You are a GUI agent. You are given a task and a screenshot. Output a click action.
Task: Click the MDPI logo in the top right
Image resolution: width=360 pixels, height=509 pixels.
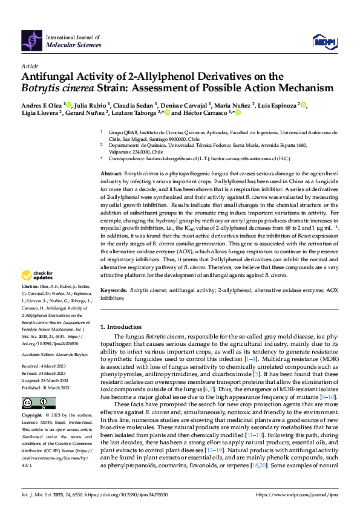pos(324,41)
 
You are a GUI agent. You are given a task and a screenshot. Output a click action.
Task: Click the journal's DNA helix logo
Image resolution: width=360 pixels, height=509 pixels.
pos(32,40)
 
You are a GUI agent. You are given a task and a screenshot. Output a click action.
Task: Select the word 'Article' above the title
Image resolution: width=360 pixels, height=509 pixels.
pos(30,65)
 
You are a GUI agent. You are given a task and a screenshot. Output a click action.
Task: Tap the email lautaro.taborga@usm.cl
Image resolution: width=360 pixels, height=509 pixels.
pos(177,158)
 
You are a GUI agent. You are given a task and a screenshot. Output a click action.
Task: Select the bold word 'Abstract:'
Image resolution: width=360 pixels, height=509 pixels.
pos(113,173)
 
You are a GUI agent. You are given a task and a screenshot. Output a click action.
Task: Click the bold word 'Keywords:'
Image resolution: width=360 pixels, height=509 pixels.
pos(114,291)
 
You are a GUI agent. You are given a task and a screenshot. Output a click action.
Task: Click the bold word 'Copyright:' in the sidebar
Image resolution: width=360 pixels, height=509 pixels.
pos(33,416)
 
